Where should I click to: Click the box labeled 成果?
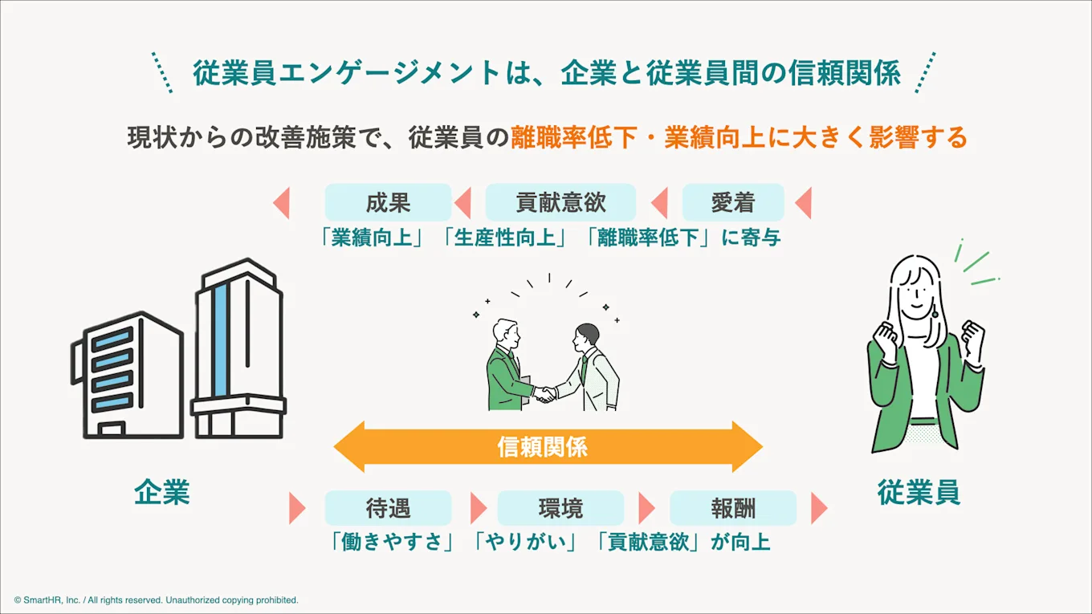pyautogui.click(x=388, y=202)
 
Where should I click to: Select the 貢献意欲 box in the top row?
pyautogui.click(x=560, y=202)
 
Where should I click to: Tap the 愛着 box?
pyautogui.click(x=732, y=202)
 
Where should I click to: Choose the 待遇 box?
pyautogui.click(x=388, y=508)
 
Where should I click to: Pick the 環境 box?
pyautogui.click(x=560, y=508)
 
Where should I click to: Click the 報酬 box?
pyautogui.click(x=732, y=508)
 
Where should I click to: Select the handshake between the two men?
pyautogui.click(x=547, y=393)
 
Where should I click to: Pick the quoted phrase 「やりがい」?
pyautogui.click(x=526, y=542)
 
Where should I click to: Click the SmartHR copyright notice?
pyautogui.click(x=156, y=600)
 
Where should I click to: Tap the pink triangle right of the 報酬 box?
pyautogui.click(x=818, y=508)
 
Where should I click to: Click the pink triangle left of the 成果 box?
pyautogui.click(x=281, y=202)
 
